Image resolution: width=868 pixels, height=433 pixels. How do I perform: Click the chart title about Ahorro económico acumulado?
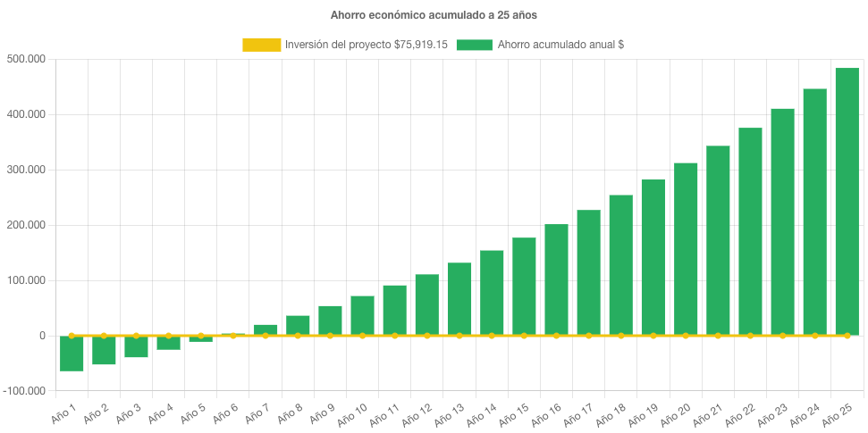[434, 14]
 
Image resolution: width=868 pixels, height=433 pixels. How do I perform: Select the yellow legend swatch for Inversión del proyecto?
[260, 45]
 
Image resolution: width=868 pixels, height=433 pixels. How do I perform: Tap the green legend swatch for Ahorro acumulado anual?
[474, 45]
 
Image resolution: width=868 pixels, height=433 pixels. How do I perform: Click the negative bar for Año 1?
[72, 354]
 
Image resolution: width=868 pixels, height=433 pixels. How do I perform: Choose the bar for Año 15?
[524, 286]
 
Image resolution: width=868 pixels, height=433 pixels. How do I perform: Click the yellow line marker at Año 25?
[847, 336]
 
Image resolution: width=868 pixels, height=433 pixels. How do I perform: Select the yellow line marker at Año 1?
[72, 336]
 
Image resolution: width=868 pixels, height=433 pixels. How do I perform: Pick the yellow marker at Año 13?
[459, 336]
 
